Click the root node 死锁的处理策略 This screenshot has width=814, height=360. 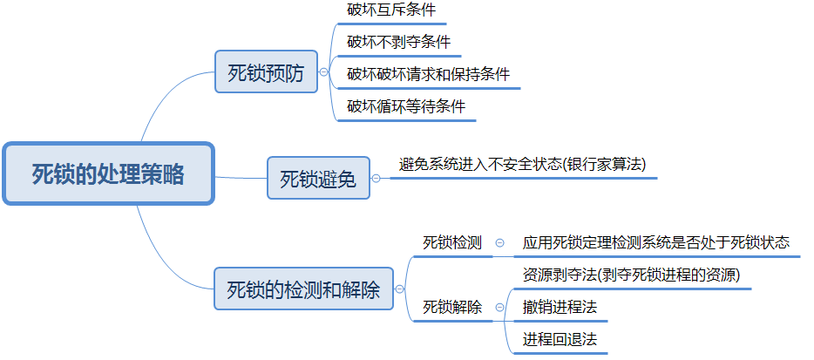pyautogui.click(x=108, y=173)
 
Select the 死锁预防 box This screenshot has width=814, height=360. pyautogui.click(x=266, y=73)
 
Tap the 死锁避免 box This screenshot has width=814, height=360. pyautogui.click(x=318, y=179)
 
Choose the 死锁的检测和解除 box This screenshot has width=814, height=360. pyautogui.click(x=303, y=289)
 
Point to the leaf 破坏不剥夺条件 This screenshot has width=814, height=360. pyautogui.click(x=398, y=42)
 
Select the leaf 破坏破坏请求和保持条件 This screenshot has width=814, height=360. pyautogui.click(x=428, y=74)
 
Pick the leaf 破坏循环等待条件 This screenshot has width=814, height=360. pyautogui.click(x=406, y=106)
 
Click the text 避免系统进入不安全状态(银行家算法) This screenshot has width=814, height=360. pyautogui.click(x=523, y=164)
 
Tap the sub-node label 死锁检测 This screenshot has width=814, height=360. pyautogui.click(x=452, y=242)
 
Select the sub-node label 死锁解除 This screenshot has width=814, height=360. pyautogui.click(x=452, y=307)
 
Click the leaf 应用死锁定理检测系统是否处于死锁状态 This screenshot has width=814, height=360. pyautogui.click(x=656, y=242)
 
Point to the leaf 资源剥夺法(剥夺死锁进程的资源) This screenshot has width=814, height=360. pyautogui.click(x=632, y=275)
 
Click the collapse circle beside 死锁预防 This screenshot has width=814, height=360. pyautogui.click(x=324, y=73)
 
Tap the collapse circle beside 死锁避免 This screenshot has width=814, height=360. pyautogui.click(x=376, y=179)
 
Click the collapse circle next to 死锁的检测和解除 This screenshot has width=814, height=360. pyautogui.click(x=399, y=289)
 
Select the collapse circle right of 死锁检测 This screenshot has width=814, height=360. pyautogui.click(x=499, y=243)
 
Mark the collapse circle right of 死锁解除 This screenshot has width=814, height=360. pyautogui.click(x=499, y=307)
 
